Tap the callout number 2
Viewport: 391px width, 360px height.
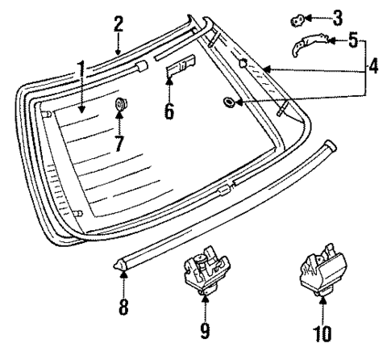(x=118, y=23)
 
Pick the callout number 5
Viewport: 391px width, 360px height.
(x=352, y=39)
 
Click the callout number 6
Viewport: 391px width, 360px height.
(x=168, y=111)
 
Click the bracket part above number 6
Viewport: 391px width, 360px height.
(x=181, y=69)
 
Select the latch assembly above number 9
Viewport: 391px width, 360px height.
(x=203, y=270)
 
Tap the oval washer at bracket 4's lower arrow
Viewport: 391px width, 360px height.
(x=230, y=101)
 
